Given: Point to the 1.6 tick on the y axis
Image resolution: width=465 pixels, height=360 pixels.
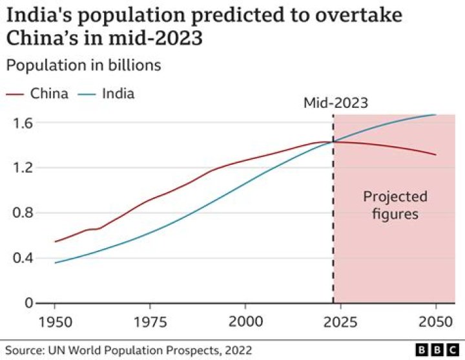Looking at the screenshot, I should [24, 123].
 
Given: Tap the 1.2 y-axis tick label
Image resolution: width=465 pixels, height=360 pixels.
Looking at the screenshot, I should [24, 168].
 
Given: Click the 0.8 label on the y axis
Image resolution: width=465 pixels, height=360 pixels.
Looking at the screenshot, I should [24, 213].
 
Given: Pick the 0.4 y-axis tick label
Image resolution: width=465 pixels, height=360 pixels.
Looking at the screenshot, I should [24, 259].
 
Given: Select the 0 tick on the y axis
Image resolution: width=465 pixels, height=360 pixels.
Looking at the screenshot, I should [29, 303].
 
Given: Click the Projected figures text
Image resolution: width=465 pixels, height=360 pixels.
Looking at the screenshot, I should [395, 205].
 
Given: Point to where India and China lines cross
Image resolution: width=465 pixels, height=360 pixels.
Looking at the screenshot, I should [333, 141].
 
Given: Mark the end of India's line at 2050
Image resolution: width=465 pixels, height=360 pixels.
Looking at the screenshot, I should [436, 114].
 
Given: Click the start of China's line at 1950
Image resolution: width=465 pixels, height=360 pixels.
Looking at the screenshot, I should [56, 242].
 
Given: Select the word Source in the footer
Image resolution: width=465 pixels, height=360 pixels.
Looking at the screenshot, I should [23, 350].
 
